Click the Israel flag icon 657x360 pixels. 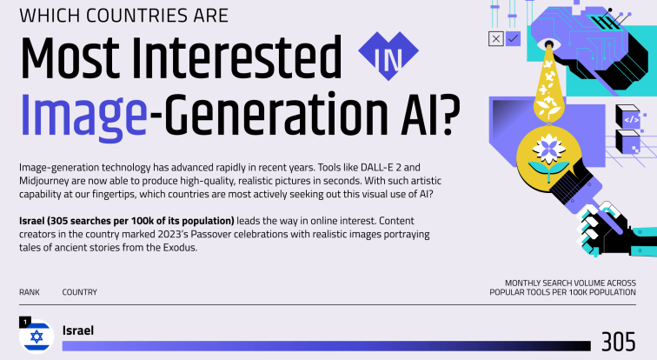pos(36,337)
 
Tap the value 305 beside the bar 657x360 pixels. pos(619,342)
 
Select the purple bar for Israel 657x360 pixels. pos(327,346)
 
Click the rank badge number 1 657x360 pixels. pos(25,323)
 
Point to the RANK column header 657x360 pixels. pos(30,292)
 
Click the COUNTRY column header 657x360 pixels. pos(80,292)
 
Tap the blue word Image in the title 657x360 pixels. pos(83,115)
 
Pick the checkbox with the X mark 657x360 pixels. pos(496,39)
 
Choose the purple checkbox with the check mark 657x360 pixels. pos(513,39)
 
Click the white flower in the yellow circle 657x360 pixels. pos(549,150)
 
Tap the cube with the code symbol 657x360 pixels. pos(628,117)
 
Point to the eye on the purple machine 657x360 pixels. pos(548,44)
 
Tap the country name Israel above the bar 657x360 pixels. pos(78,330)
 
